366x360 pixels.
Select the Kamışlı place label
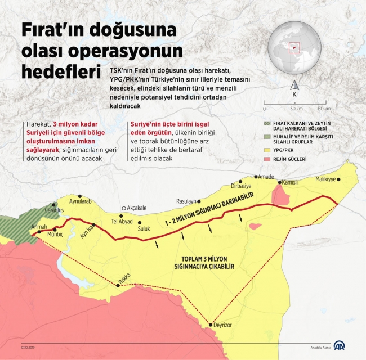(289, 183)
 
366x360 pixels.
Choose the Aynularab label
(79, 201)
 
